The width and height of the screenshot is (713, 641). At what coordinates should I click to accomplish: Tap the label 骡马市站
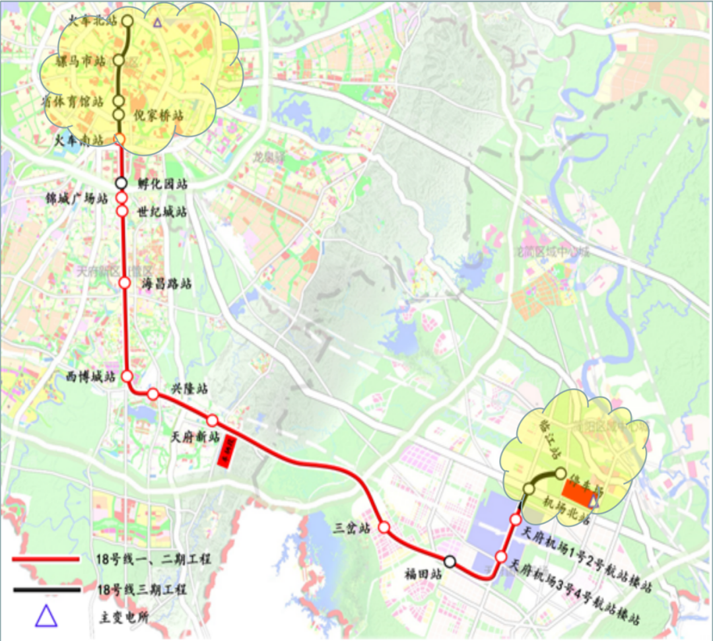pyautogui.click(x=81, y=61)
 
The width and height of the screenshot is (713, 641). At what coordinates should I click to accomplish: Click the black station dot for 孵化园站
pyautogui.click(x=121, y=183)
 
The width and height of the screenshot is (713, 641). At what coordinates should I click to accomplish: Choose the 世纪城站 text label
pyautogui.click(x=162, y=213)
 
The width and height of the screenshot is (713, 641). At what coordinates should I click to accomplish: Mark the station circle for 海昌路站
pyautogui.click(x=124, y=283)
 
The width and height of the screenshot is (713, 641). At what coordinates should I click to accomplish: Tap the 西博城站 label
pyautogui.click(x=91, y=377)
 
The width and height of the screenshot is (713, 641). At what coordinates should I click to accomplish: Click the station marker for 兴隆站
pyautogui.click(x=153, y=394)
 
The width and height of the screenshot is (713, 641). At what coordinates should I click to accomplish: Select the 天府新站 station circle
pyautogui.click(x=213, y=421)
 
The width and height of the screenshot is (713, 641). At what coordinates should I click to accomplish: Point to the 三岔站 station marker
pyautogui.click(x=384, y=527)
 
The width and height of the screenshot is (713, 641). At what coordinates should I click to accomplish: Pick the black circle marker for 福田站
pyautogui.click(x=450, y=562)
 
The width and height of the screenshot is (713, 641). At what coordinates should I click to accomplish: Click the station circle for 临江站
pyautogui.click(x=561, y=473)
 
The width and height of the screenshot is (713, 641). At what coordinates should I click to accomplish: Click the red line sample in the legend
pyautogui.click(x=46, y=559)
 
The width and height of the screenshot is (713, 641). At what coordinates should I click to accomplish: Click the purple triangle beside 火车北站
pyautogui.click(x=157, y=22)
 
